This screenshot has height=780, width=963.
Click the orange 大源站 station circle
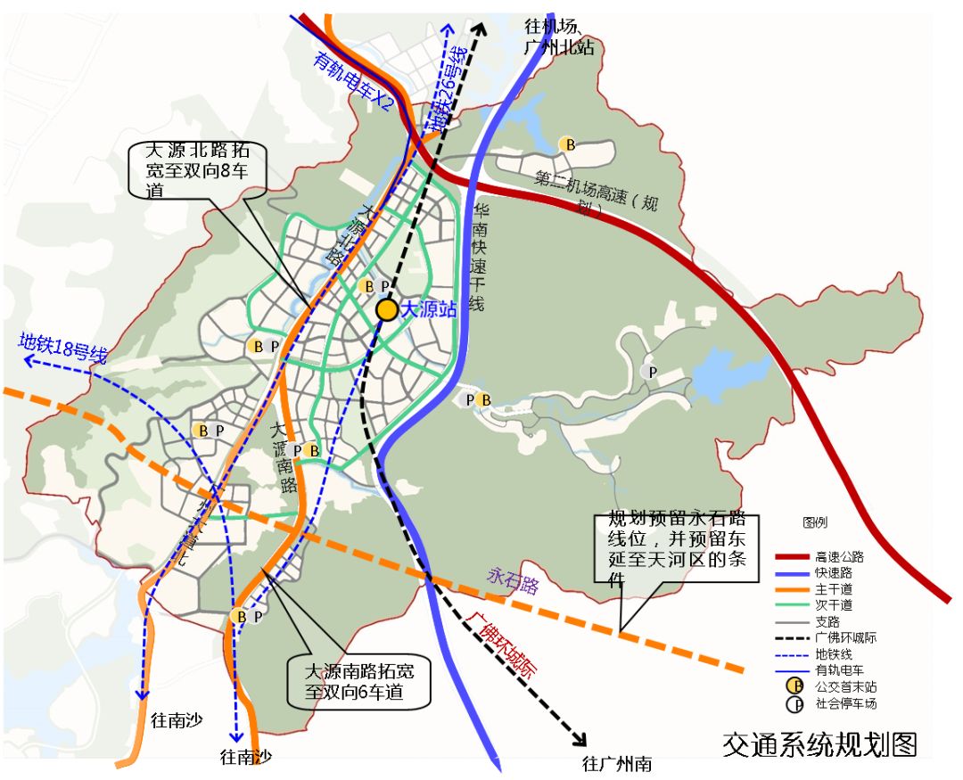[x=387, y=309]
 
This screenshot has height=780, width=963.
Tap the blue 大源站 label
[x=429, y=309]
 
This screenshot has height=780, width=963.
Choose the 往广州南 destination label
[x=617, y=764]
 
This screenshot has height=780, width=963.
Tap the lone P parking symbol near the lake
[x=652, y=371]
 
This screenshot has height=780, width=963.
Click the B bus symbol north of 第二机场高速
[x=566, y=144]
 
